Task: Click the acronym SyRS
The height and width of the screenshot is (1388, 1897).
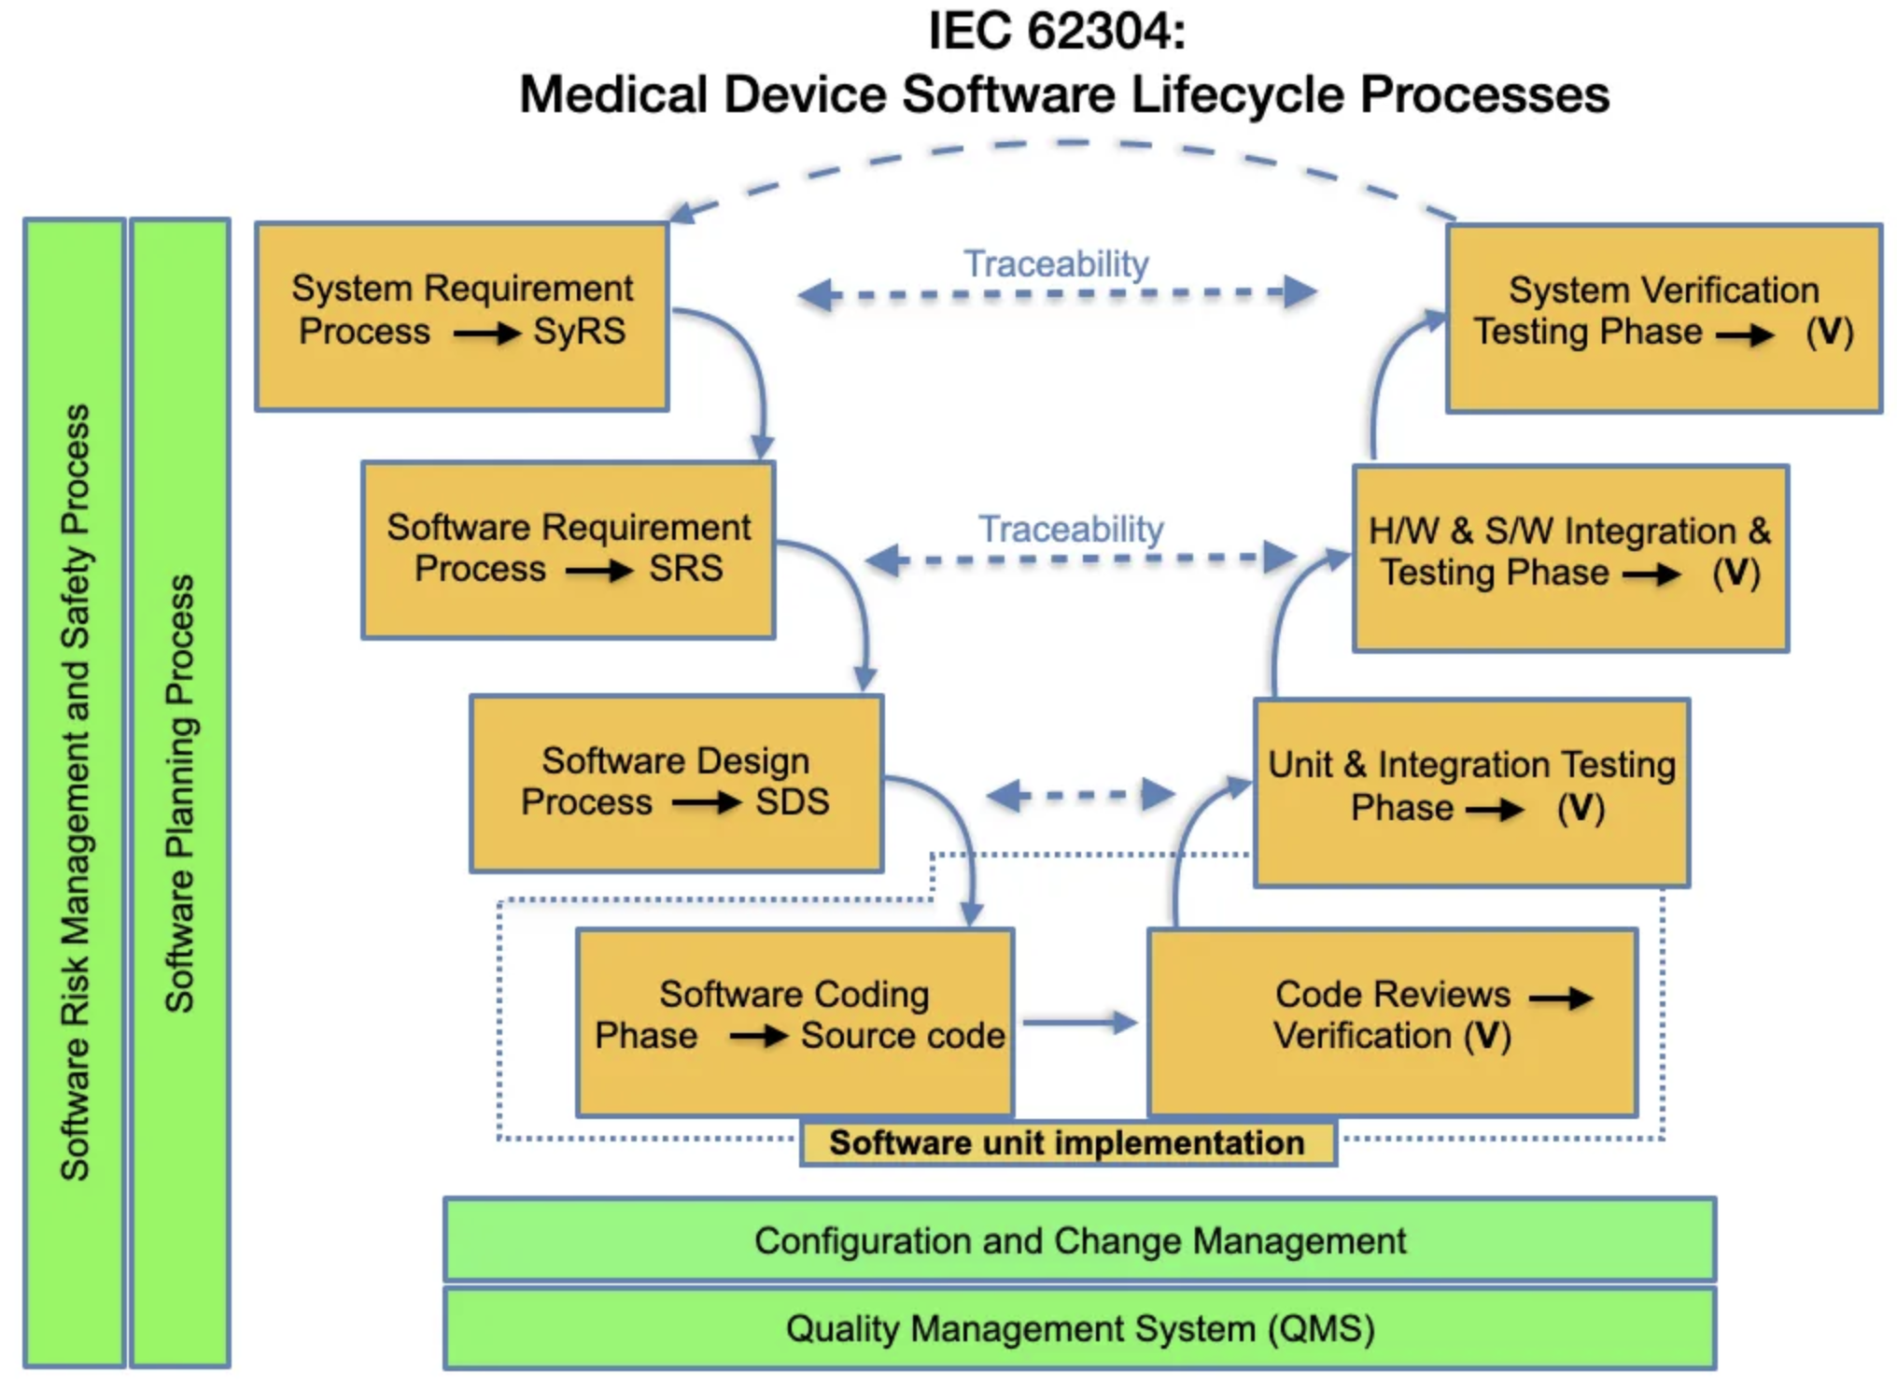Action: coord(579,332)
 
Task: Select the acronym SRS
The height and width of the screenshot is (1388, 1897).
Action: coord(686,568)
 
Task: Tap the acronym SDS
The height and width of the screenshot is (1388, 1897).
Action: coord(792,801)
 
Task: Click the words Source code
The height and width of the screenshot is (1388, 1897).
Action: coord(902,1035)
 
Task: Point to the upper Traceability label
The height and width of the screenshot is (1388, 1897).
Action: coord(1056,264)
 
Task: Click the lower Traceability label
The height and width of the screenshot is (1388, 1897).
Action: coord(1071,530)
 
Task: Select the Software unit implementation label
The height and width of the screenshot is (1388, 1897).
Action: coord(1067,1143)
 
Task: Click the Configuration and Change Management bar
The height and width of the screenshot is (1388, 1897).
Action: coord(1079,1240)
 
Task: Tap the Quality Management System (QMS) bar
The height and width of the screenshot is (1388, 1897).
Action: coord(1079,1328)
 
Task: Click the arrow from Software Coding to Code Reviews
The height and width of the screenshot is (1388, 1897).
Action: coord(1079,1022)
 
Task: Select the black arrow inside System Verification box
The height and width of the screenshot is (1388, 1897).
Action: coord(1746,334)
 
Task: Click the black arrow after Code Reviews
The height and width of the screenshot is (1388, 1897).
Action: coord(1561,998)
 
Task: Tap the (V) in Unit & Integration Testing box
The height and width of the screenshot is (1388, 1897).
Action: coord(1581,808)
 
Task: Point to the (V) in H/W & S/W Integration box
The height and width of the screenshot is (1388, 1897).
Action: coord(1735,573)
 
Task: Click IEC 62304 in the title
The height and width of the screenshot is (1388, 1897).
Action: coord(1057,32)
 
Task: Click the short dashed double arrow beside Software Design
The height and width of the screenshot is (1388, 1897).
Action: coord(1080,796)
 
